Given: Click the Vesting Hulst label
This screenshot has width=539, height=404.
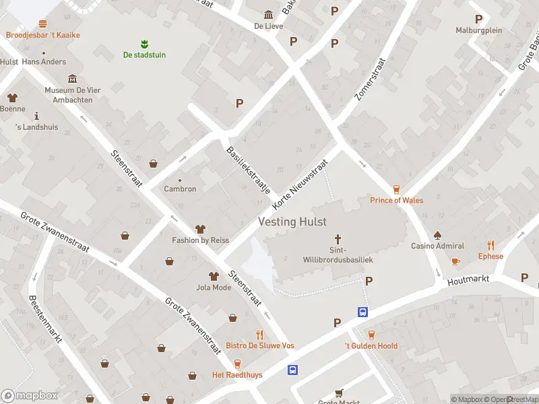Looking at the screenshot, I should [292, 222].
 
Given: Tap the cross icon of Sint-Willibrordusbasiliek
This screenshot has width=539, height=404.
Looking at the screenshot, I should [338, 239].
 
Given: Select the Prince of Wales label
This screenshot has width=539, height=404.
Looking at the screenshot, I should [397, 200].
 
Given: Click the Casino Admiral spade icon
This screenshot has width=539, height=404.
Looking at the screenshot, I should [437, 236].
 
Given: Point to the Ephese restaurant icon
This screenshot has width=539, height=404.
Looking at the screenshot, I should [490, 246].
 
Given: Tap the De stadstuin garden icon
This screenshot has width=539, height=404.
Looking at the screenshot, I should [144, 44].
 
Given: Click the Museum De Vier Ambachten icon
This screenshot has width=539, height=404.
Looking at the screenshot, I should [72, 79].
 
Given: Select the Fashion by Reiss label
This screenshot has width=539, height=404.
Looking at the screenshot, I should [200, 240].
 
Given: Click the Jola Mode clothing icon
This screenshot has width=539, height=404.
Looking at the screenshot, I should [214, 276].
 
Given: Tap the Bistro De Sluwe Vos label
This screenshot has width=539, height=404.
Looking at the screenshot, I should [259, 345].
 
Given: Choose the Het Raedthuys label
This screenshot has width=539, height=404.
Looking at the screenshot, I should [237, 374].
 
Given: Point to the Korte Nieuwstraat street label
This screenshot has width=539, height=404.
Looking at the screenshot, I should [300, 184].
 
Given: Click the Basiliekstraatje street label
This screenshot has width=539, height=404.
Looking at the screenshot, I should [249, 170].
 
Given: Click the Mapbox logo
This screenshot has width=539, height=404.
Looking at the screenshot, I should [29, 396].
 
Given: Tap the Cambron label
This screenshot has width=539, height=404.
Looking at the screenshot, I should [180, 189].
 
